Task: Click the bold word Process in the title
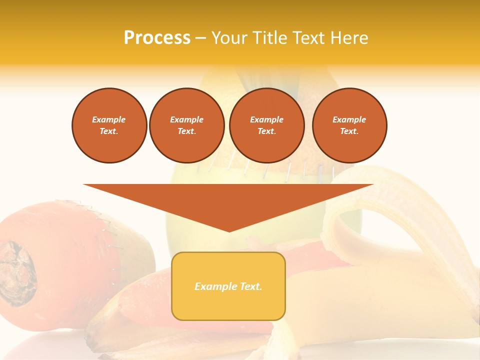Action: (157, 38)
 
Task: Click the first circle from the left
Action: (109, 125)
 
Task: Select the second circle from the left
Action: (186, 125)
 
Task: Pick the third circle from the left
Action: (266, 125)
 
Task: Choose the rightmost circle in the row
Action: (349, 125)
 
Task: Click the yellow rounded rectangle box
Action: (228, 286)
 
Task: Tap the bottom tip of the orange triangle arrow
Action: (229, 231)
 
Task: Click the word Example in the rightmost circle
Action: (349, 119)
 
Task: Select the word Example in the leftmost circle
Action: (109, 119)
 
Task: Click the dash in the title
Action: (200, 38)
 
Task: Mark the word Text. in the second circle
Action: (186, 131)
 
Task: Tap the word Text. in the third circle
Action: (266, 131)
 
